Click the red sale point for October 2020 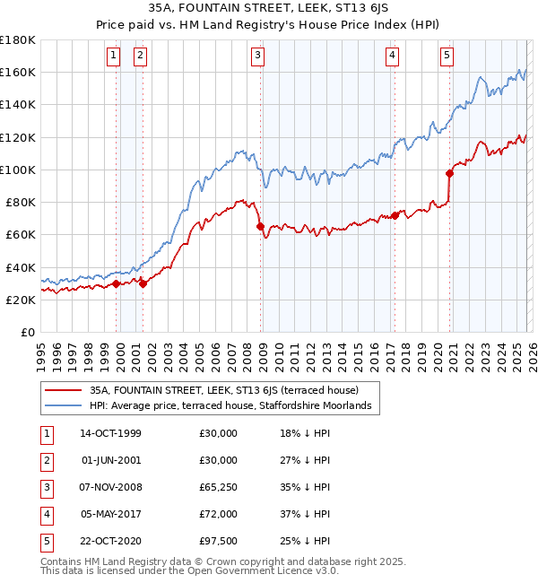[x=449, y=174]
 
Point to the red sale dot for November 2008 [x=261, y=227]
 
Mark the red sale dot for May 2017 [x=395, y=215]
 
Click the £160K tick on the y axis [x=18, y=73]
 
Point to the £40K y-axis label [x=21, y=267]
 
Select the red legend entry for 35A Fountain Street [x=224, y=390]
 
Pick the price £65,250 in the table [x=219, y=487]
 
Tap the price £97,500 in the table [x=219, y=541]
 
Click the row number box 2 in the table [x=45, y=460]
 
